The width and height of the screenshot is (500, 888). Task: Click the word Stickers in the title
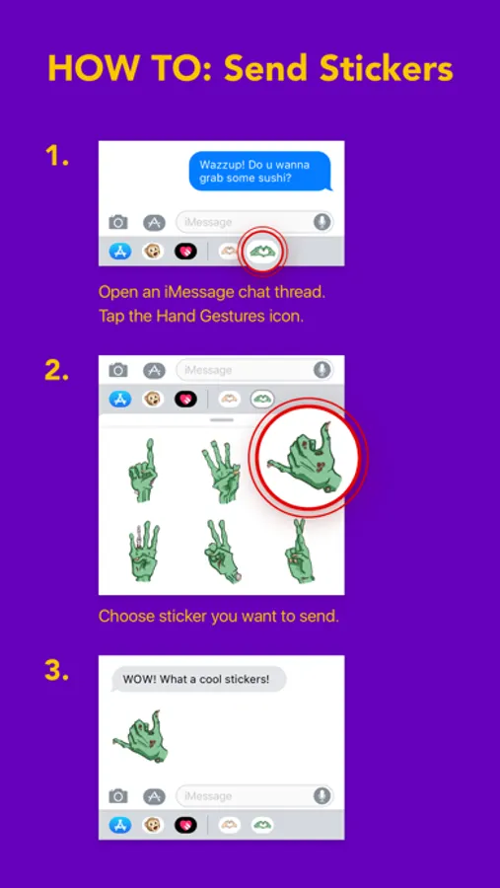[387, 70]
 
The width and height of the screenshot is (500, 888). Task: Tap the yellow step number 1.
[56, 156]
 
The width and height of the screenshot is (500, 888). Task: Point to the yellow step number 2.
[56, 370]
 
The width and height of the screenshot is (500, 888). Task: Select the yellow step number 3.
[56, 670]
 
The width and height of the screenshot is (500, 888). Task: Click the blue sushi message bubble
[260, 171]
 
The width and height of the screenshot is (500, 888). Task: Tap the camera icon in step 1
[118, 222]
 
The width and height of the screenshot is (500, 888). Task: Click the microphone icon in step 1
[322, 222]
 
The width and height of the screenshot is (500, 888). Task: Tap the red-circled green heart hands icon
[262, 250]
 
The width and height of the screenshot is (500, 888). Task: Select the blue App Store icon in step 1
[120, 251]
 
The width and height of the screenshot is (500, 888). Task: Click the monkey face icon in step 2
[153, 400]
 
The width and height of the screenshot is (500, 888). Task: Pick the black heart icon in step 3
[185, 825]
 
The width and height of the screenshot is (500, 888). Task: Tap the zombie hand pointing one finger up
[142, 469]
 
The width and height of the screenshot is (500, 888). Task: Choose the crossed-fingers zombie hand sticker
[300, 551]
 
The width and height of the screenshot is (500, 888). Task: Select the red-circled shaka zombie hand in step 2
[305, 455]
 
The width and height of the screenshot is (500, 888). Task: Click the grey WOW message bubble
[196, 679]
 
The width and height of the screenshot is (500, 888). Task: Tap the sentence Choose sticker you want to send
[219, 616]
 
